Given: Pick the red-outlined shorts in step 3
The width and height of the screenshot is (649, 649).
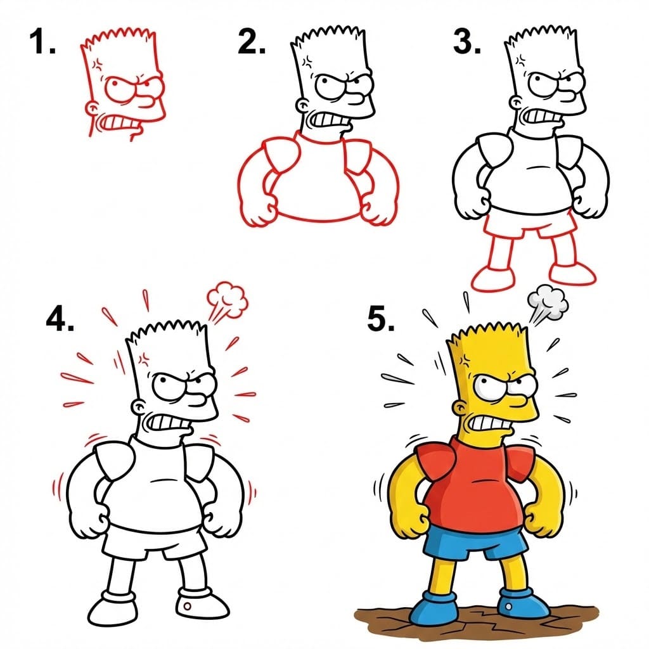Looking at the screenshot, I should point(530,225).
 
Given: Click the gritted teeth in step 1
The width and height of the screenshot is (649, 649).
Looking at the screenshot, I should point(116,121).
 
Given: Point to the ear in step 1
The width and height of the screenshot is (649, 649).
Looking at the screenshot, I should point(93,108).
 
